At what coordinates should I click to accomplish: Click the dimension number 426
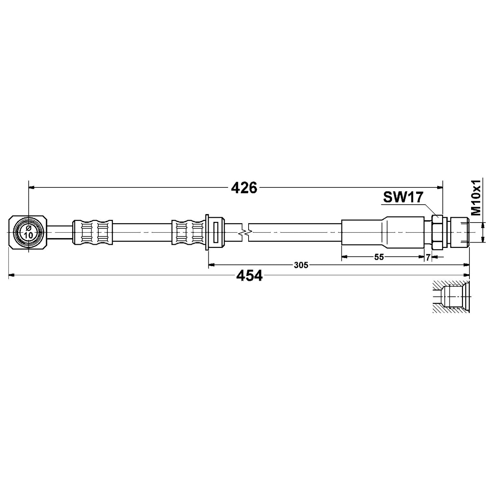pyautogui.click(x=244, y=188)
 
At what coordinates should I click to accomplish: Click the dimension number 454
pyautogui.click(x=249, y=276)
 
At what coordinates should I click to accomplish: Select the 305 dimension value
pyautogui.click(x=301, y=265)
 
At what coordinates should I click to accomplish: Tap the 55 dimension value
pyautogui.click(x=379, y=257)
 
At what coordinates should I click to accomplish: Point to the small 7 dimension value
pyautogui.click(x=428, y=258)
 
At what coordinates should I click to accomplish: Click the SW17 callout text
pyautogui.click(x=403, y=197)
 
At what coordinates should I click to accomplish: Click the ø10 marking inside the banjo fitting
pyautogui.click(x=29, y=232)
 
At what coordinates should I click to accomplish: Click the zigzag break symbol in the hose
pyautogui.click(x=246, y=232)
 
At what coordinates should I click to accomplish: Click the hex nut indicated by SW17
pyautogui.click(x=438, y=232)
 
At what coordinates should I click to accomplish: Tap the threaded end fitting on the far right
pyautogui.click(x=459, y=232)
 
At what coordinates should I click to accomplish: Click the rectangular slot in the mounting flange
pyautogui.click(x=216, y=232)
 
